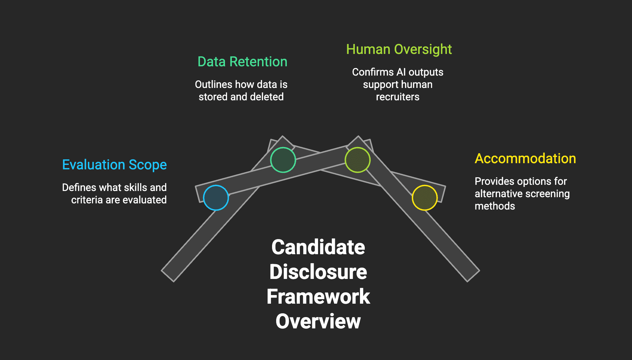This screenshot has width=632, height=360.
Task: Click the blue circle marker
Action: (216, 198)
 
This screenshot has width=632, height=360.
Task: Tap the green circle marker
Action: (283, 160)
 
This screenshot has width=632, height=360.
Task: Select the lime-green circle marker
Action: (358, 160)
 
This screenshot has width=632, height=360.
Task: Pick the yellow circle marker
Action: (425, 198)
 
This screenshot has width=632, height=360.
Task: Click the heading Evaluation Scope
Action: (114, 165)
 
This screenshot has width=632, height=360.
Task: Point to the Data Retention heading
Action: (242, 62)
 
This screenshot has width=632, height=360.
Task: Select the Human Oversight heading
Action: (399, 49)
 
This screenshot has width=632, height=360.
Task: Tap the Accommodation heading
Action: (525, 159)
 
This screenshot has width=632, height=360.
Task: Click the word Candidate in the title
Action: (318, 247)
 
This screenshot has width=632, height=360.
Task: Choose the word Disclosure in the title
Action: (318, 272)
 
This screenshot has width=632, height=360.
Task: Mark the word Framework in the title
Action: (318, 296)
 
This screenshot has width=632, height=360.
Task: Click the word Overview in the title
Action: (318, 321)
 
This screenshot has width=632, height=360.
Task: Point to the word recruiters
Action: (398, 97)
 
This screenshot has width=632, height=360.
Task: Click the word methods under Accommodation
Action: (495, 206)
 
